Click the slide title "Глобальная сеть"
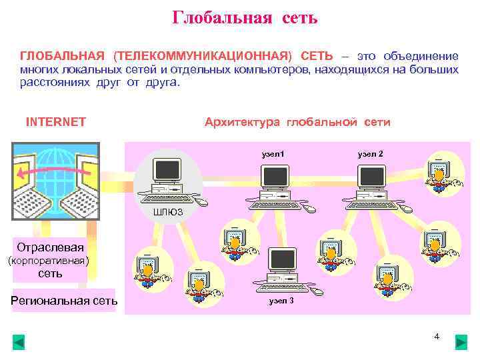click(245, 17)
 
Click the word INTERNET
click(55, 122)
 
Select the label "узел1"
click(273, 154)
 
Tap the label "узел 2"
click(370, 154)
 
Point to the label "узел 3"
click(281, 301)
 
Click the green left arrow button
click(19, 343)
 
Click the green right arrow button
click(461, 343)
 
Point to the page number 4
click(437, 337)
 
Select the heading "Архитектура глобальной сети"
click(297, 122)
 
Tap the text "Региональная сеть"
click(64, 300)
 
